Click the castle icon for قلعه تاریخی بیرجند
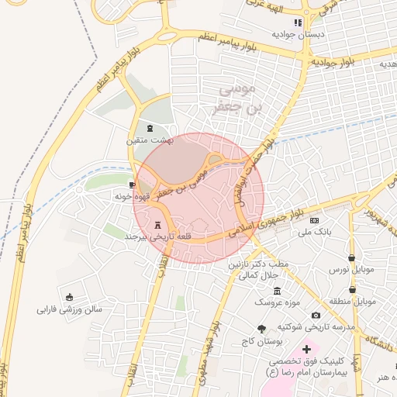click(160, 224)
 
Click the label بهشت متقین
click(148, 140)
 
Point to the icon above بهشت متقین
click(150, 128)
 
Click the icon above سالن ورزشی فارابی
click(70, 297)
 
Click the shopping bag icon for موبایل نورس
click(351, 257)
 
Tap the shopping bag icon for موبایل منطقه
click(352, 288)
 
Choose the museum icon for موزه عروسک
click(277, 290)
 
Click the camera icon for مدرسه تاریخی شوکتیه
click(316, 315)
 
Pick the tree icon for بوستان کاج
click(261, 329)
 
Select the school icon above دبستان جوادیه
click(298, 22)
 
